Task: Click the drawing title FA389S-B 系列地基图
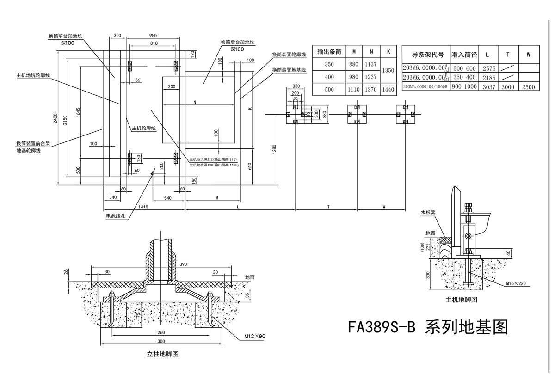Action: tap(428, 327)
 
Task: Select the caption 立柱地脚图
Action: tap(163, 354)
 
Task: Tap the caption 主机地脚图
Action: tap(461, 300)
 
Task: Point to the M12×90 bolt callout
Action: tap(255, 336)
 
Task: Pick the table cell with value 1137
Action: tap(370, 65)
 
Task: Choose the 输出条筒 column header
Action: tap(329, 51)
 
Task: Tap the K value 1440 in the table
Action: tap(388, 89)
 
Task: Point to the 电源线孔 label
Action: tap(116, 215)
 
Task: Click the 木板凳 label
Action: tap(428, 213)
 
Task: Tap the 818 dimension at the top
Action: tap(154, 43)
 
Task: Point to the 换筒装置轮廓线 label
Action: tap(289, 55)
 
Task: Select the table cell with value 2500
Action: tap(528, 86)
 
